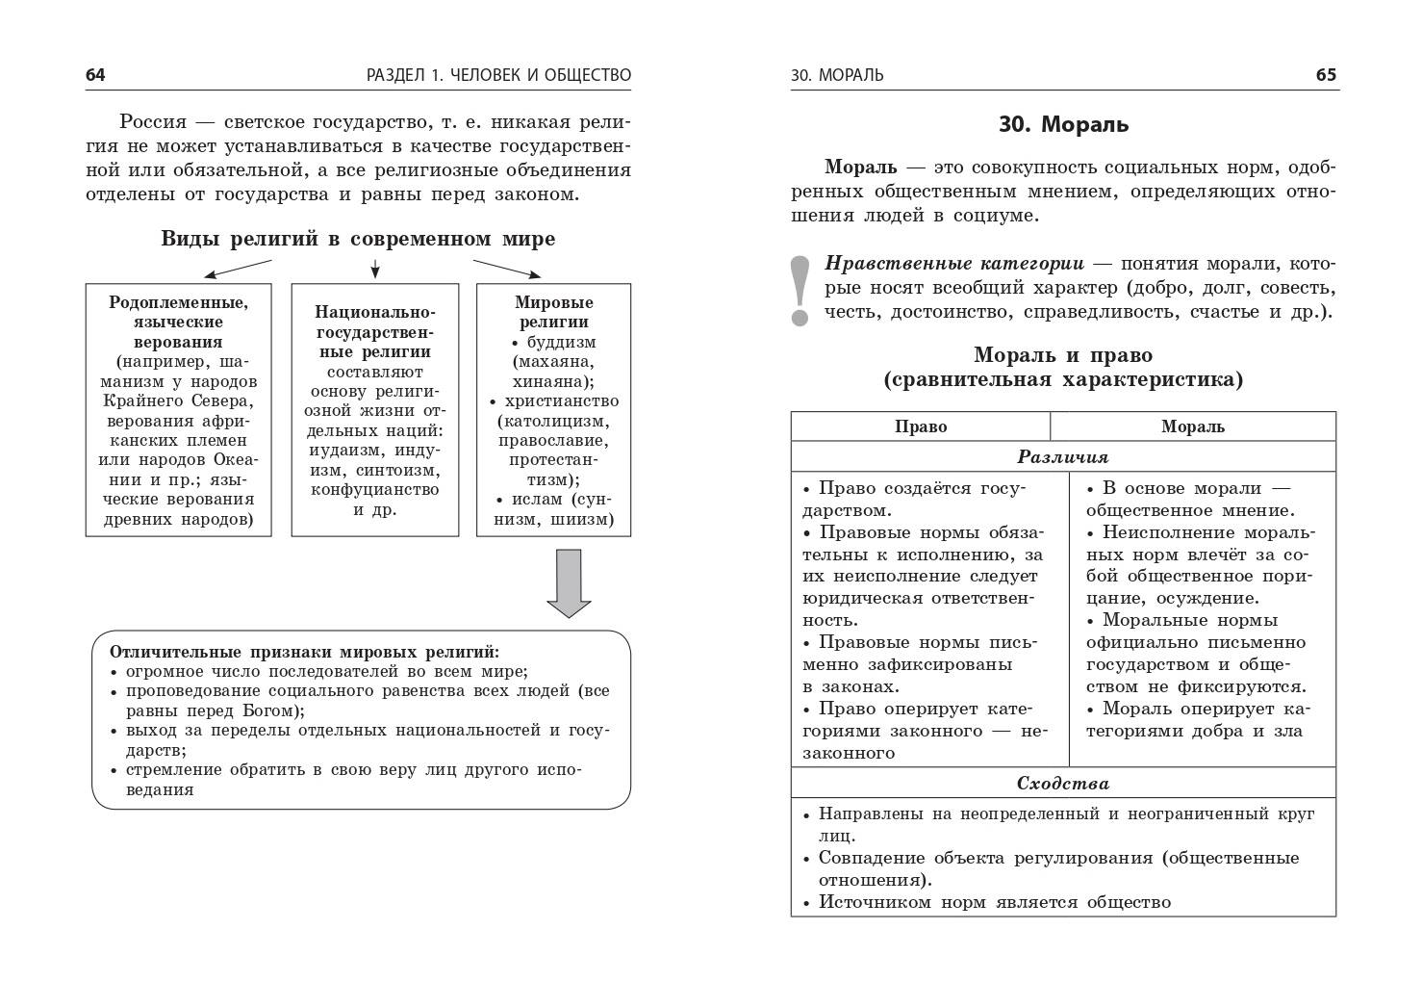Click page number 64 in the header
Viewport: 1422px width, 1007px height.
pos(95,75)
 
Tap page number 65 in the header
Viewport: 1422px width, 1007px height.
pos(1326,75)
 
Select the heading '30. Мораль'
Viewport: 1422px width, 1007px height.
pos(1063,124)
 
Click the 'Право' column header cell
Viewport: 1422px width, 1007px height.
pos(921,426)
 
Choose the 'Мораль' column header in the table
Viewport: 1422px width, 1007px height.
pos(1192,426)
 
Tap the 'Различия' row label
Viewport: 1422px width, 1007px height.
pos(1063,457)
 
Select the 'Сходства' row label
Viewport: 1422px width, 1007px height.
pos(1063,784)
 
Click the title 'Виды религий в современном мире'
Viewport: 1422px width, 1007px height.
pos(358,239)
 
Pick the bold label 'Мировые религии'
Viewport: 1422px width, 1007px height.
pos(553,312)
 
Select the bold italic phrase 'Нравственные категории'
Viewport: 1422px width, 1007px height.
pos(954,264)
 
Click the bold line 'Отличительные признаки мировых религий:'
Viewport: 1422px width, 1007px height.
pos(304,651)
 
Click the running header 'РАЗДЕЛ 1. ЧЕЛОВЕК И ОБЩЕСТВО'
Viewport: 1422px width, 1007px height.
pos(498,75)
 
